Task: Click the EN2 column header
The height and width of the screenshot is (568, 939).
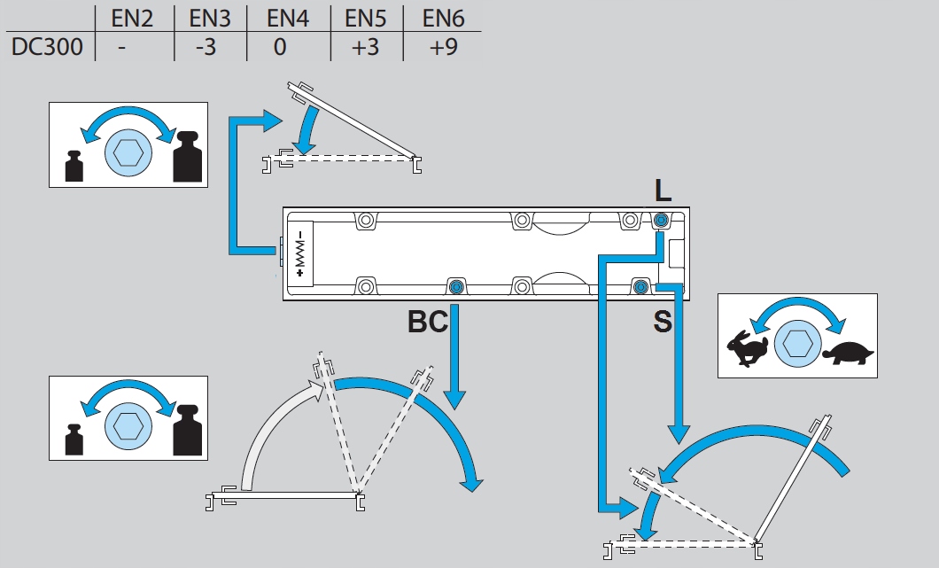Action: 133,18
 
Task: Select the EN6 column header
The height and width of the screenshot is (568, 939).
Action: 442,18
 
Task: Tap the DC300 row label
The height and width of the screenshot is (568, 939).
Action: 47,47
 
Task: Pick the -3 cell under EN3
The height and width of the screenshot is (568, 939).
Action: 206,47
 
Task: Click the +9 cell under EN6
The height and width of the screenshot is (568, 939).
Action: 442,47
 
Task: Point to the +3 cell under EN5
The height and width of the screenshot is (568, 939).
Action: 365,47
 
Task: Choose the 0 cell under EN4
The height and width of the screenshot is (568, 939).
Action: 280,47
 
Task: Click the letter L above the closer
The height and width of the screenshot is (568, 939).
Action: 663,190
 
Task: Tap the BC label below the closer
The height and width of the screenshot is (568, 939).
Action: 427,322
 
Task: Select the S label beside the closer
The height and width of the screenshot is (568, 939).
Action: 663,322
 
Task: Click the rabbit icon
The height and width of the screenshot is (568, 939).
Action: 748,346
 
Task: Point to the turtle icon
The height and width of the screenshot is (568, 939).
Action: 848,352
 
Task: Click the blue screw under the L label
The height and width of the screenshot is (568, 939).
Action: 661,221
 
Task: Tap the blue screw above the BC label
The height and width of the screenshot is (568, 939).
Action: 456,285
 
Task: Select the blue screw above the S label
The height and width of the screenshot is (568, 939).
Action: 640,285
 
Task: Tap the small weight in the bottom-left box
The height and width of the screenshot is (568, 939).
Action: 74,440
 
